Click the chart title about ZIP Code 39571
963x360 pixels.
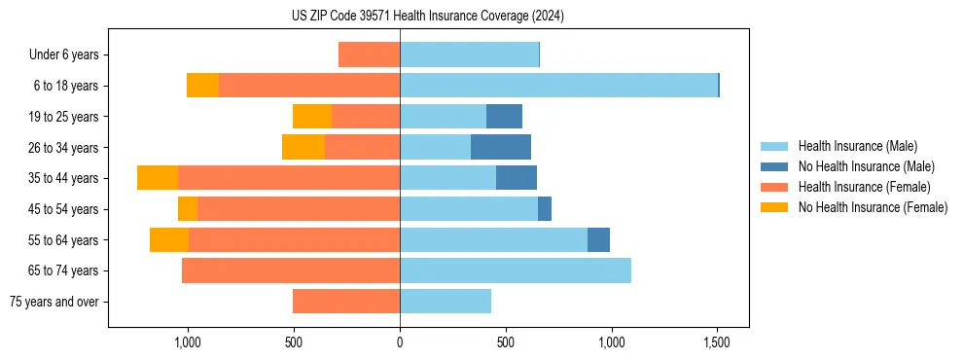[427, 16]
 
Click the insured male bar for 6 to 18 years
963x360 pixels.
[558, 86]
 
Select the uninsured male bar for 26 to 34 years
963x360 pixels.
[501, 147]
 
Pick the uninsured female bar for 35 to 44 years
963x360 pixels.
[158, 178]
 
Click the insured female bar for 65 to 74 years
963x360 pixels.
[291, 270]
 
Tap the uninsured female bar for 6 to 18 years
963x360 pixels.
[202, 86]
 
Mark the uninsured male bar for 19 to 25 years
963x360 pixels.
[504, 117]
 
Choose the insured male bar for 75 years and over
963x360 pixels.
[446, 302]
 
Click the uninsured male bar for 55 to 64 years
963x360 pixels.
[598, 239]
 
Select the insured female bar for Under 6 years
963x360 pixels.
[369, 54]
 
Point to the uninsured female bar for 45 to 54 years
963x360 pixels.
[188, 209]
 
